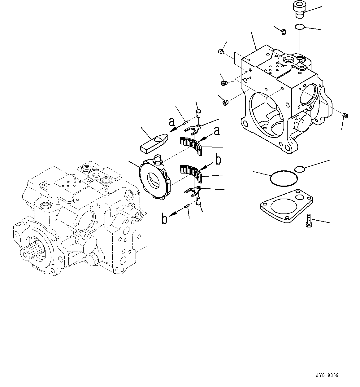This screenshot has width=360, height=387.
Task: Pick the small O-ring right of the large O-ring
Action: point(299,169)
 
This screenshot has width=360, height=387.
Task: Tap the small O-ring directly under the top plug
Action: point(299,27)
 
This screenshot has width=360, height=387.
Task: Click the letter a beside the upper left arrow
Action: point(172,122)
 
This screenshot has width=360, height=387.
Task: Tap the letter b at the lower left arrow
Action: point(165,219)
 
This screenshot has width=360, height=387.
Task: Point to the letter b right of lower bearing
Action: point(219,160)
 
